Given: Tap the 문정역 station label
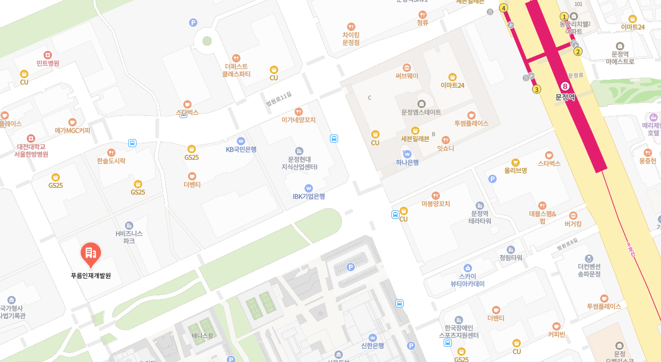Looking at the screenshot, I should tap(565, 97).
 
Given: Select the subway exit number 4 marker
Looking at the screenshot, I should tap(503, 8).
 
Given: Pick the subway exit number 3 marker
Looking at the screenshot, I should tap(536, 89).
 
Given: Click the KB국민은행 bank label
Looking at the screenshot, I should tap(241, 149).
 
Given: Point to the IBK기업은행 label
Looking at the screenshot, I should tap(309, 196).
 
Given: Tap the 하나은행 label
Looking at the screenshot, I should tap(407, 162).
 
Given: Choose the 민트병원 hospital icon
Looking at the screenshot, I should tap(48, 55).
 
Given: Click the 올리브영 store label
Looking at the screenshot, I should tap(516, 171).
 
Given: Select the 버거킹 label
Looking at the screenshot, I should tap(573, 224).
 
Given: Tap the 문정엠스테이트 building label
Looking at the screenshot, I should tap(421, 112).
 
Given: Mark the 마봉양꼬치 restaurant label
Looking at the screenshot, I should tap(436, 204).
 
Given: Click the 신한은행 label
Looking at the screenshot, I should tap(373, 346).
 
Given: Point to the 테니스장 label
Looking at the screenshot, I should tap(202, 336).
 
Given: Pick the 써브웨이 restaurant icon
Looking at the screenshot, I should tap(407, 68).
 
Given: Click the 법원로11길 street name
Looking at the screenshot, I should tap(278, 99).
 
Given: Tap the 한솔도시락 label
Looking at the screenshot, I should tap(111, 161).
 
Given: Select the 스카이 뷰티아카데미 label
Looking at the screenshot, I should tap(467, 280).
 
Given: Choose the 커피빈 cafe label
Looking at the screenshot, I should tap(557, 334).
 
